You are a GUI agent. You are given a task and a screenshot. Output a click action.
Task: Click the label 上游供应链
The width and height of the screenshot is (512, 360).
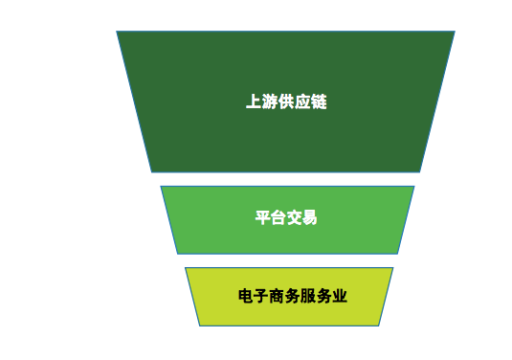[x=286, y=101]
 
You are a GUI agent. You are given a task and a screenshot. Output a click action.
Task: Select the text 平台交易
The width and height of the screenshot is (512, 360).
[x=286, y=217]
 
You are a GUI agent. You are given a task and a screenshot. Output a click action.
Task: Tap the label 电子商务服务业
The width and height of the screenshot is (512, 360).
[x=293, y=296]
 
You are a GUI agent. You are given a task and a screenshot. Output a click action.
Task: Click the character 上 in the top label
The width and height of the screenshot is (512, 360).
[x=254, y=101]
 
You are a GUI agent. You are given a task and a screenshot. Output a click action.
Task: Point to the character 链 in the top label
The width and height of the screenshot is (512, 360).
[x=319, y=101]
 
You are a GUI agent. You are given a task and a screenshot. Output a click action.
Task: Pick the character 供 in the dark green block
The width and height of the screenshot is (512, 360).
[x=286, y=101]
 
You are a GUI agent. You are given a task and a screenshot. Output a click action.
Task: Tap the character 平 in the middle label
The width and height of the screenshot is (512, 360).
[x=262, y=217]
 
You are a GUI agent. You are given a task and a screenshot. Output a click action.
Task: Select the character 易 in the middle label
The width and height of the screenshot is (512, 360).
[x=310, y=217]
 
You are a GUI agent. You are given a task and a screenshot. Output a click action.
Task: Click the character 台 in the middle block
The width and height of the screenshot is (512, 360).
[x=278, y=217]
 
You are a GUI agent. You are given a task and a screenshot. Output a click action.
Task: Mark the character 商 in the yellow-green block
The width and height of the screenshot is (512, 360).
[x=278, y=296]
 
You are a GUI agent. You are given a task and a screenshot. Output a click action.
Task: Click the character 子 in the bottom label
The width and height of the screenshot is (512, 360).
[x=261, y=296]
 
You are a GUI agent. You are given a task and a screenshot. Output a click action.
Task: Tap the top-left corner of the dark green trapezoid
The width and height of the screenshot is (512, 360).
[x=118, y=32]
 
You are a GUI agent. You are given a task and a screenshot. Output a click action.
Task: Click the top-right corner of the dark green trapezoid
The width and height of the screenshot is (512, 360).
[x=454, y=32]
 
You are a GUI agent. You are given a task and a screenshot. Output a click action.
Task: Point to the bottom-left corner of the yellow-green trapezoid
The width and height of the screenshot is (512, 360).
[x=200, y=326]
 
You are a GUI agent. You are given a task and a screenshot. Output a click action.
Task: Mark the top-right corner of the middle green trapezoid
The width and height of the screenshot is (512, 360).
[x=414, y=187]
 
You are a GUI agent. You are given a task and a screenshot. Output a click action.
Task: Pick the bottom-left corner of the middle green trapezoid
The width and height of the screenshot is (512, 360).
[x=178, y=254]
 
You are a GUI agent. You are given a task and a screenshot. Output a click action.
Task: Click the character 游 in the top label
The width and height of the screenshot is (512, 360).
[x=270, y=101]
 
